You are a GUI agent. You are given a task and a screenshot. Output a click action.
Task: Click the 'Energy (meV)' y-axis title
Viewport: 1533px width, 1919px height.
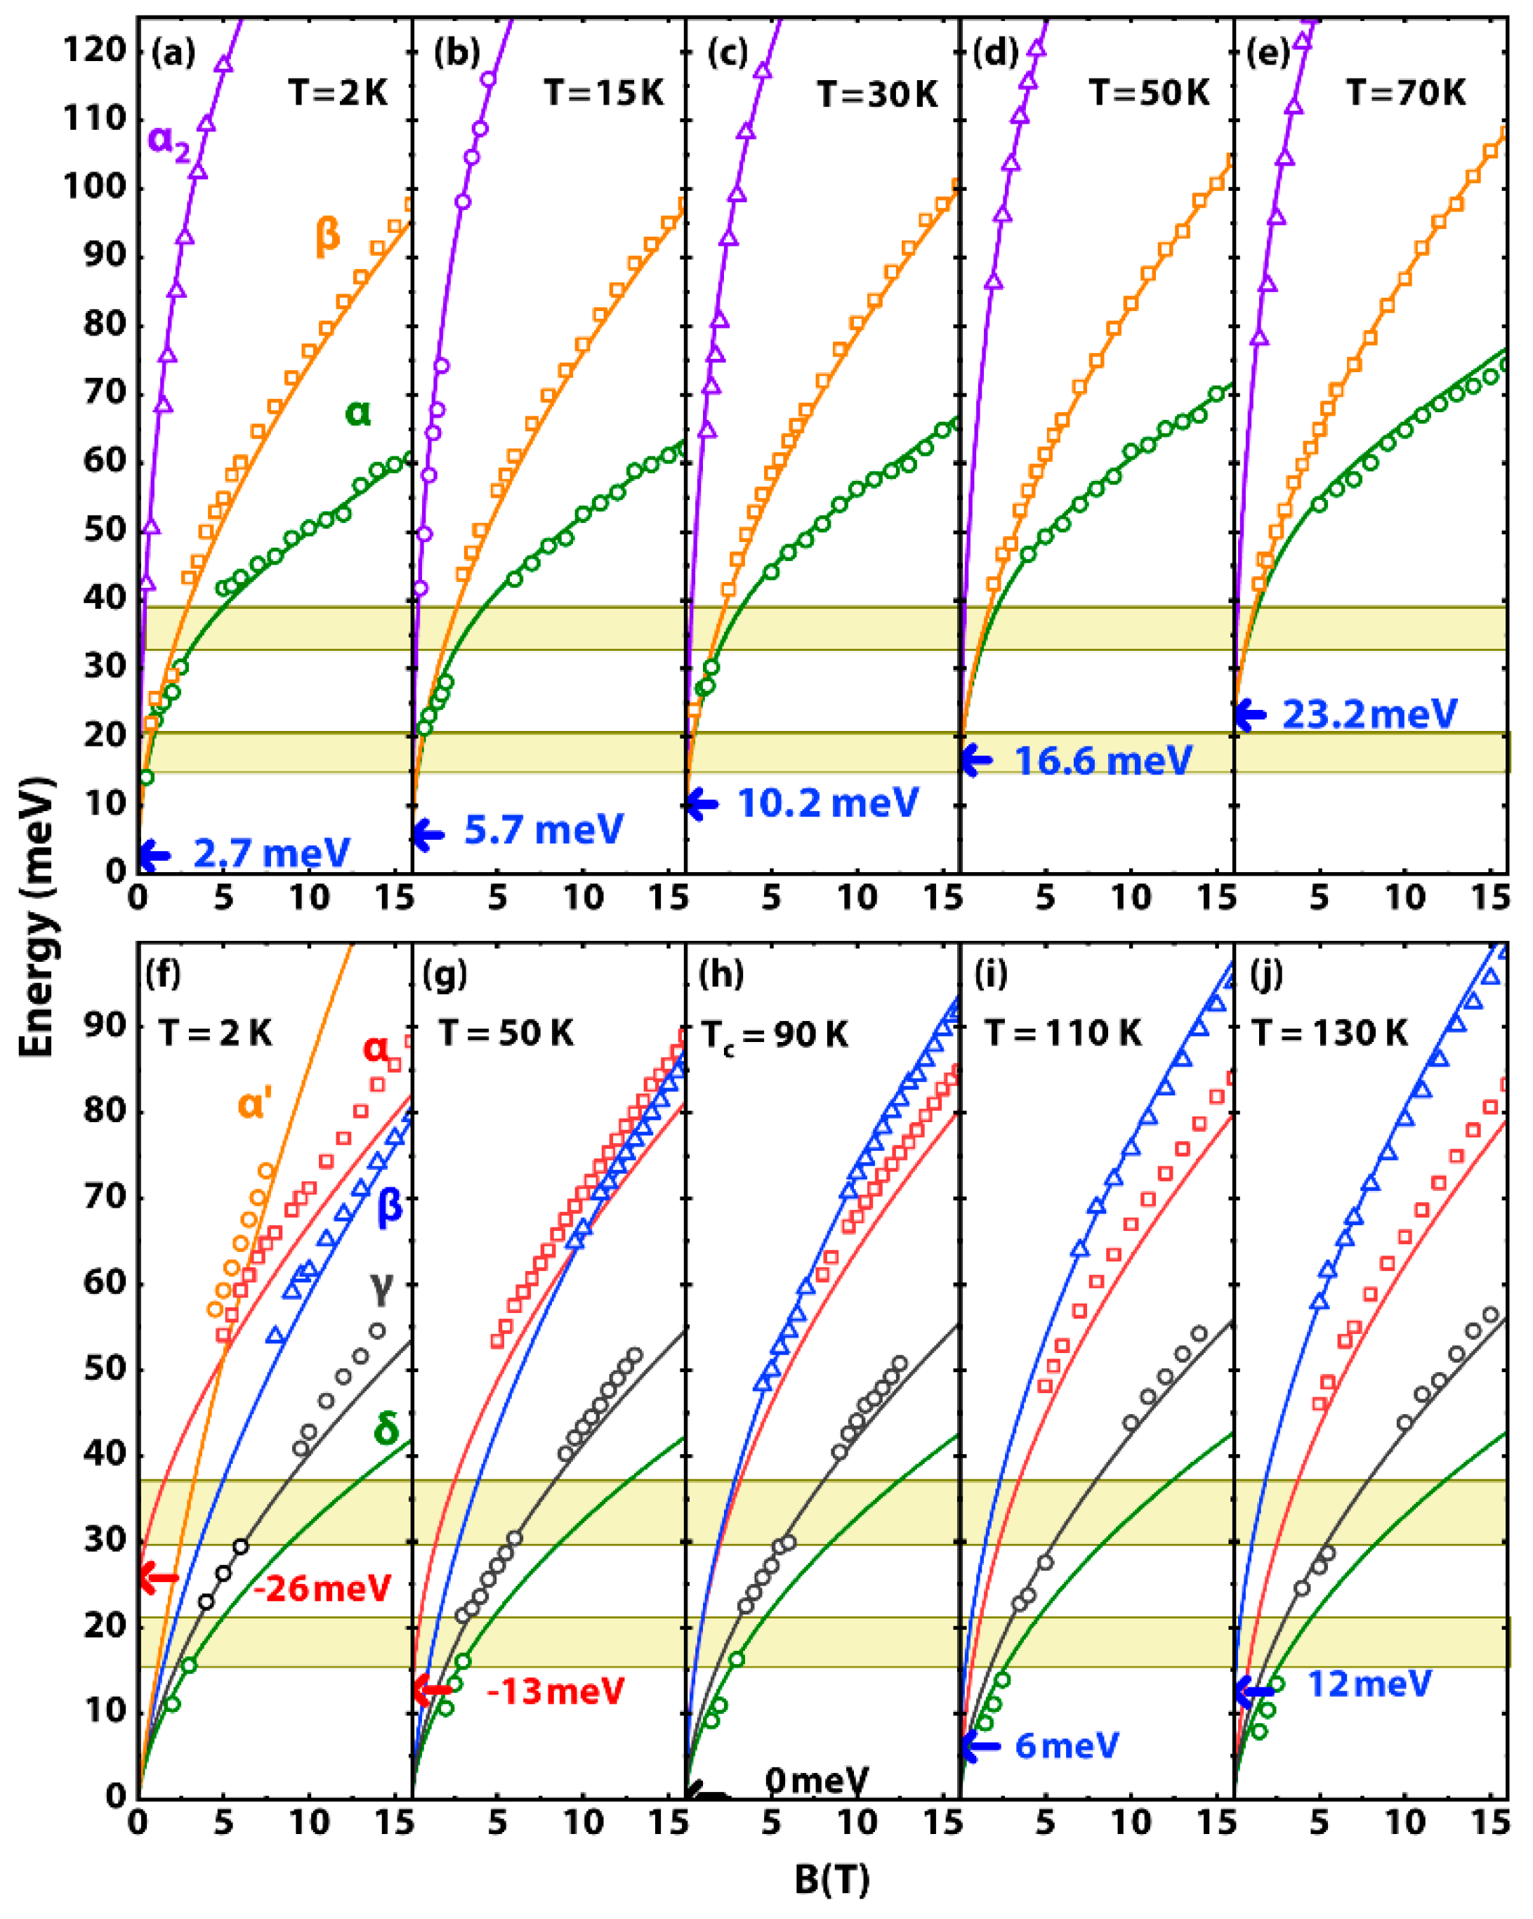(37, 917)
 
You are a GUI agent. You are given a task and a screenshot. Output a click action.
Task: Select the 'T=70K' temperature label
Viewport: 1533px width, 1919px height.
(1406, 93)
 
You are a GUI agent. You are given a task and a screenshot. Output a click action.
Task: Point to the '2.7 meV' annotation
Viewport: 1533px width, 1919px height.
(272, 854)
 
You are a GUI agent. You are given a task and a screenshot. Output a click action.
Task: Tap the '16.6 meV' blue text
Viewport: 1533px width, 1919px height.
(1103, 760)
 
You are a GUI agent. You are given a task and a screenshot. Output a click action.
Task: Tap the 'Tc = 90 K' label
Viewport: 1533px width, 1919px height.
(775, 1034)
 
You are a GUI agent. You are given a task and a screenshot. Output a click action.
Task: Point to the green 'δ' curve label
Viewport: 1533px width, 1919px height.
(386, 1430)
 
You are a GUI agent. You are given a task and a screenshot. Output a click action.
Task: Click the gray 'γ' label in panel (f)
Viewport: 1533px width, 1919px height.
(382, 1287)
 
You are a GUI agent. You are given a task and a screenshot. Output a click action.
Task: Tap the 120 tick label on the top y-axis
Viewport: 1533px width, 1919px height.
(96, 50)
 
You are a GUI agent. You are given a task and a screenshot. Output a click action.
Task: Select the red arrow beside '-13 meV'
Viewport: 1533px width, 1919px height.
(433, 1690)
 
